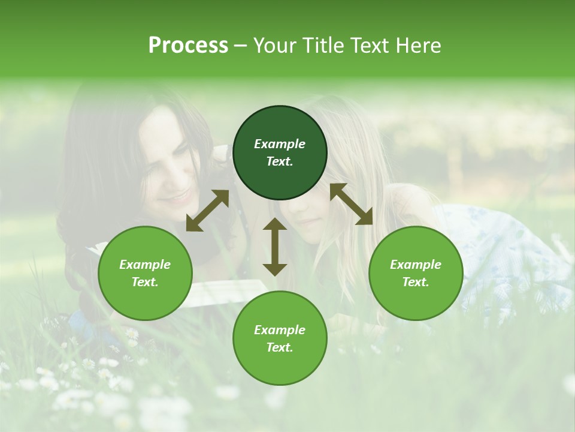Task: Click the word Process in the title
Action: [188, 46]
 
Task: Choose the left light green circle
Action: [145, 300]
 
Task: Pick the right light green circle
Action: [416, 300]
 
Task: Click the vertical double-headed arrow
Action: [275, 247]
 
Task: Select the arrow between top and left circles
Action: [207, 211]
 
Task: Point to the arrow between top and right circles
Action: [351, 204]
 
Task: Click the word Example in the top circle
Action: [280, 144]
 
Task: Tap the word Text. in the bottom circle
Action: [280, 347]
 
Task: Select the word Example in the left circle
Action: [145, 265]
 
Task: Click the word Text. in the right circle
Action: [416, 282]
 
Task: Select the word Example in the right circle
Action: [416, 265]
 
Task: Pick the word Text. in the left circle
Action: [145, 282]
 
